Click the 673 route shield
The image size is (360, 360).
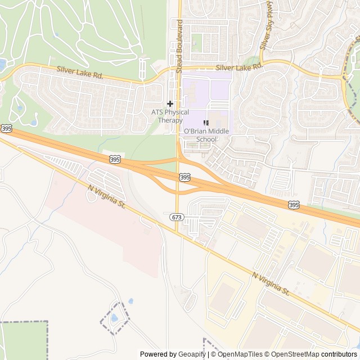point(176,217)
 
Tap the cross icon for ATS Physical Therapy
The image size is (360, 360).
point(170,103)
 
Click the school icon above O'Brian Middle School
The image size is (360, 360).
point(206,123)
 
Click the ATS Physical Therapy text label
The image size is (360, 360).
point(170,116)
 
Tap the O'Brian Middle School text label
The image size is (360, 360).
point(200,135)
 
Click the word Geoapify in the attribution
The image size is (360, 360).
point(192,354)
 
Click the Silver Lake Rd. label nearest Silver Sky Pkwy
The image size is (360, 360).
point(242,66)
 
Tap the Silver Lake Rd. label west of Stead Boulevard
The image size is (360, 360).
point(79,73)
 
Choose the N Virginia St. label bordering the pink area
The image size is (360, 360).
point(105,197)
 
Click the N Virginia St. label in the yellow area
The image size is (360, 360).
point(271,285)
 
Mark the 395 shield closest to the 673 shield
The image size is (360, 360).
point(185,177)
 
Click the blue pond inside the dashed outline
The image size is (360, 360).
point(114,319)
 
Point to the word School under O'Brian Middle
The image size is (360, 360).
point(206,139)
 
